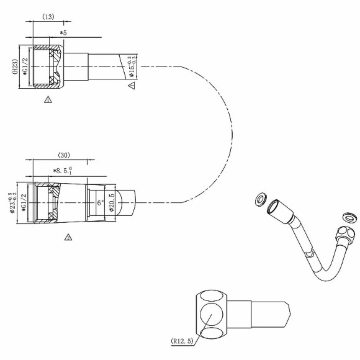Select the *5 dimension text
(63, 32)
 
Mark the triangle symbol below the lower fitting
(69, 237)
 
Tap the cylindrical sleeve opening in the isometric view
(272, 208)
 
